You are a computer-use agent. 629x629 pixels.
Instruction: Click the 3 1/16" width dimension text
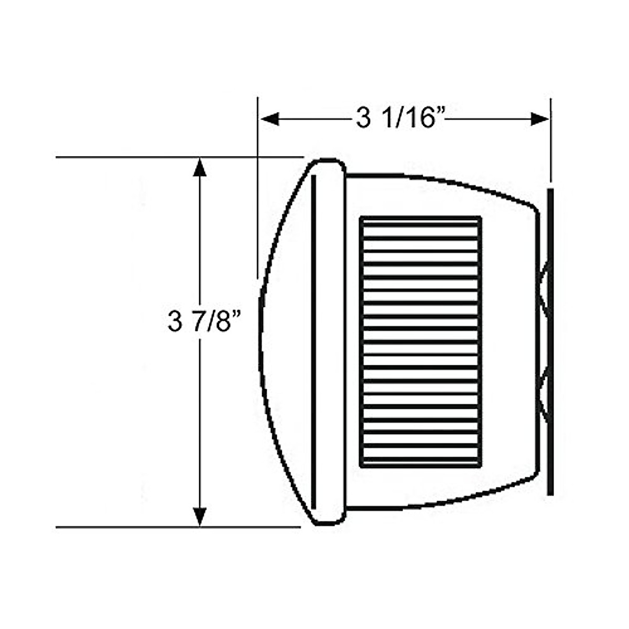(401, 119)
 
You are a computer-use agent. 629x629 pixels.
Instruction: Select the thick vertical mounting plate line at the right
(550, 341)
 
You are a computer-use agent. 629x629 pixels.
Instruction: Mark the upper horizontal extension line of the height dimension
(157, 157)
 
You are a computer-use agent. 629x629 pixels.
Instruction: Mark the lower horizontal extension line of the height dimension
(157, 526)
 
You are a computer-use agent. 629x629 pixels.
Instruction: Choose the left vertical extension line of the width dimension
(257, 210)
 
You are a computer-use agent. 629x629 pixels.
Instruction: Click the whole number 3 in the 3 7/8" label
(173, 321)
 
